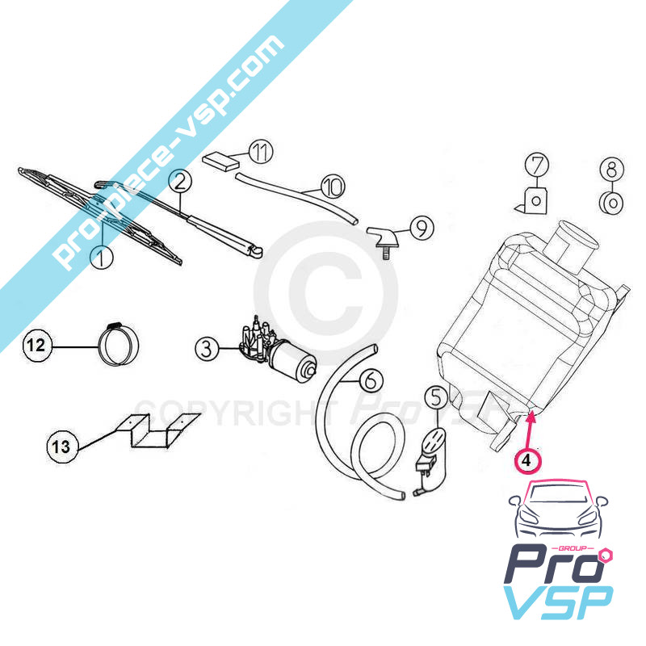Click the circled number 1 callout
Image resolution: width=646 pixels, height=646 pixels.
tap(101, 258)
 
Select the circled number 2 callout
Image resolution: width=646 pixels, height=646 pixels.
tap(180, 182)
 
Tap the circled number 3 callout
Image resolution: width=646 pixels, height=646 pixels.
tap(207, 349)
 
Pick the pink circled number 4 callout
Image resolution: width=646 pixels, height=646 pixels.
tap(527, 460)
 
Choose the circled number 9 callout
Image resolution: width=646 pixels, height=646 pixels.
tap(422, 228)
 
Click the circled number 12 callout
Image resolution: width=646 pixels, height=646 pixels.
tap(36, 346)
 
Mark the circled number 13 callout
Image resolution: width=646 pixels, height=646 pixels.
tap(61, 447)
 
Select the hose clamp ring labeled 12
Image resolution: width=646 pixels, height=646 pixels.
tap(119, 344)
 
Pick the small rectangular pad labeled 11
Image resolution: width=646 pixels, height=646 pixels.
tap(221, 161)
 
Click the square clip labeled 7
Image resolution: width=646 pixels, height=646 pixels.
tap(532, 200)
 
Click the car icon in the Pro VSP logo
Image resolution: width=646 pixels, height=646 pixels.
tap(558, 510)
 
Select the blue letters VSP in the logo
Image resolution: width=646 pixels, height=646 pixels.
tap(558, 602)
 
